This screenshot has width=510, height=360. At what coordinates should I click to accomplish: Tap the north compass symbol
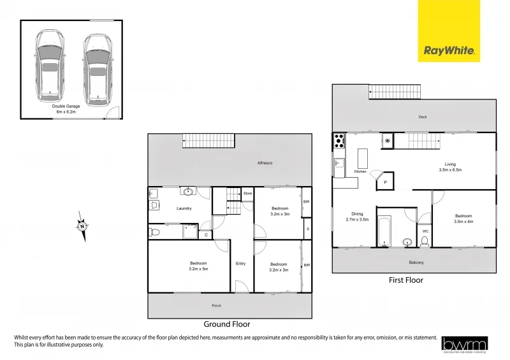[x=83, y=226]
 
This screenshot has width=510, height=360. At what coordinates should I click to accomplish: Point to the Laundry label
[x=185, y=208]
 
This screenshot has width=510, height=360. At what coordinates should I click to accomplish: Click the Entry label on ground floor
[x=240, y=263]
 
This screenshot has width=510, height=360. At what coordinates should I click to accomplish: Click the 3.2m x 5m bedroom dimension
[x=198, y=269]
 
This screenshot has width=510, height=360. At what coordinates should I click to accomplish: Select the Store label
[x=247, y=193]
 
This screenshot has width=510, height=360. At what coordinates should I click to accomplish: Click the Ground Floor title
[x=226, y=324]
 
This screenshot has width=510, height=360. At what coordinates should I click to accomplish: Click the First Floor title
[x=406, y=280]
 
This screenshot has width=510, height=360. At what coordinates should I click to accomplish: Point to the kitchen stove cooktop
[x=339, y=140]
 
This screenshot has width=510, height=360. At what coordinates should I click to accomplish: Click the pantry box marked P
[x=384, y=183]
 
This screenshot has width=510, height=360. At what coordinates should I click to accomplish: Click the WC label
[x=425, y=231]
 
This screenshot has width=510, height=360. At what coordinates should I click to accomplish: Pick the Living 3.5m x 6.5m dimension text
[x=450, y=170]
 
